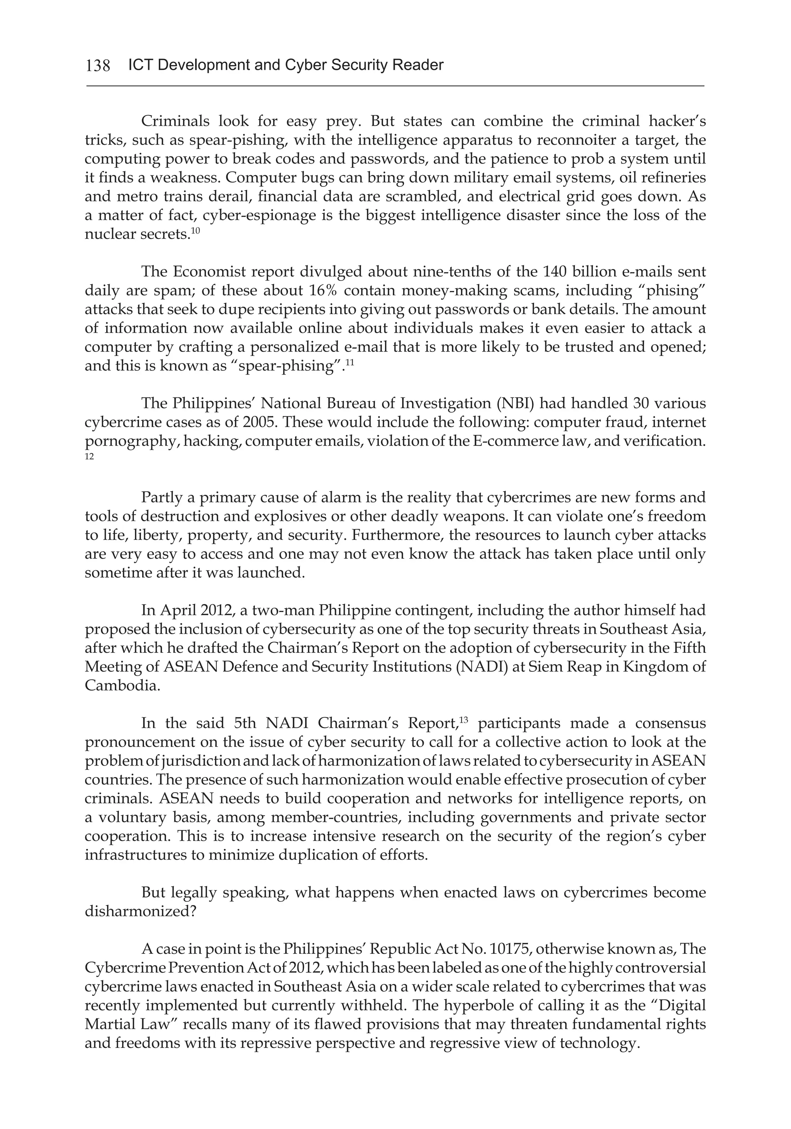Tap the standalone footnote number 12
[x=89, y=457]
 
